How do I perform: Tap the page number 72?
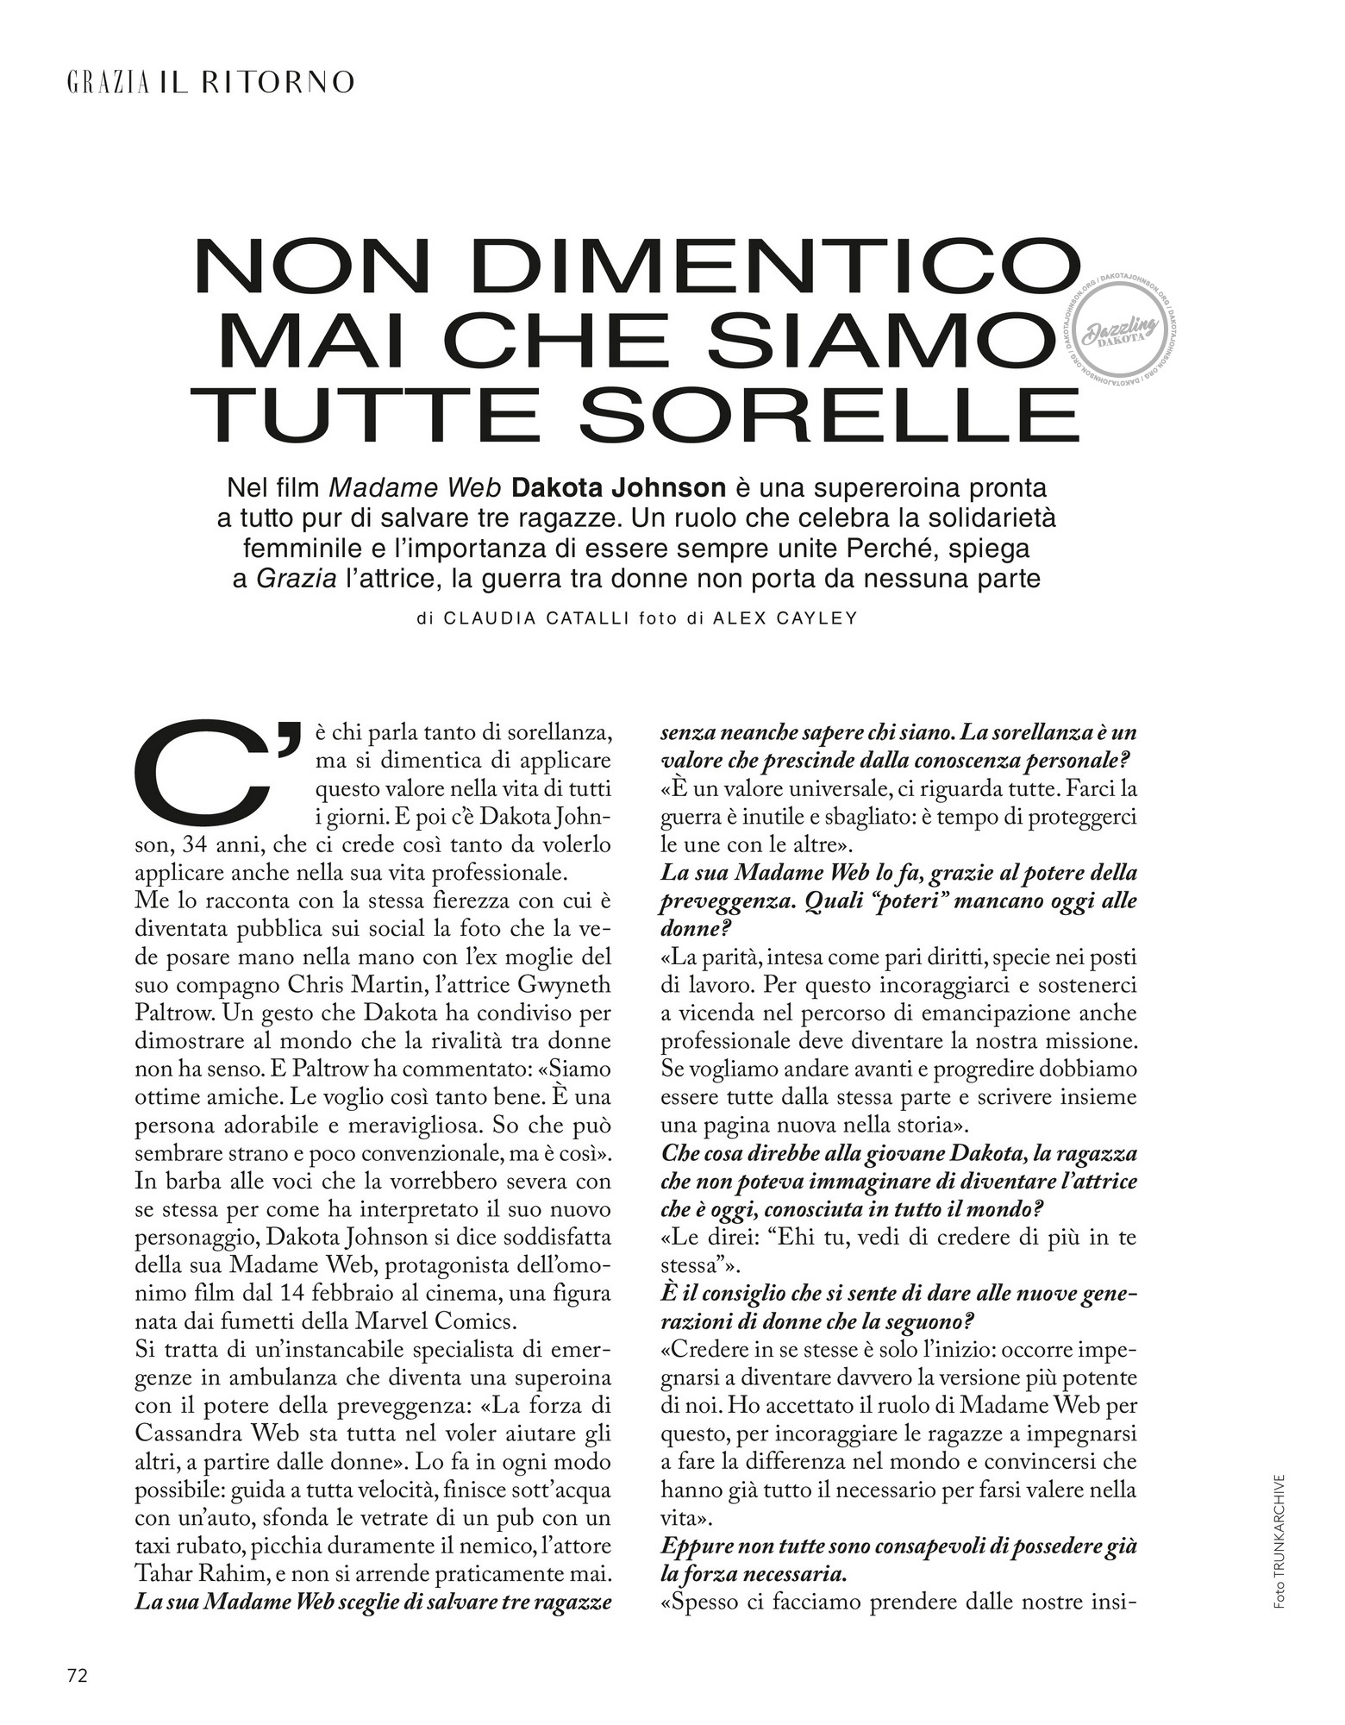(x=78, y=1676)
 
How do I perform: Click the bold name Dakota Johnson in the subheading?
(x=618, y=488)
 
